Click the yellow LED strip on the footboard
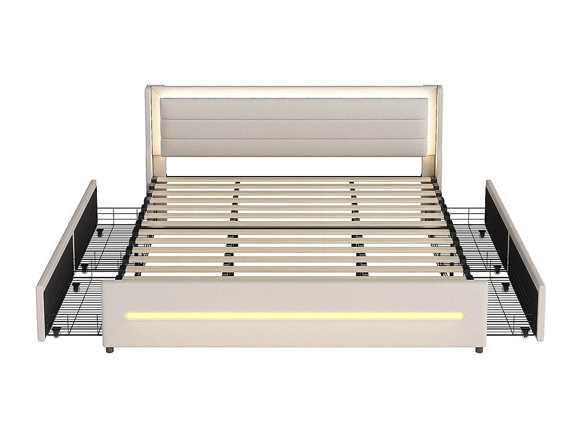click(294, 316)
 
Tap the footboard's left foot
click(109, 349)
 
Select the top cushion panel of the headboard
click(294, 108)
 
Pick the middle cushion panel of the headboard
click(294, 129)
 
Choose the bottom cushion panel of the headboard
click(294, 148)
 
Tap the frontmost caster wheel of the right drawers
click(525, 331)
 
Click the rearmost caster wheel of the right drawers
click(482, 232)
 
